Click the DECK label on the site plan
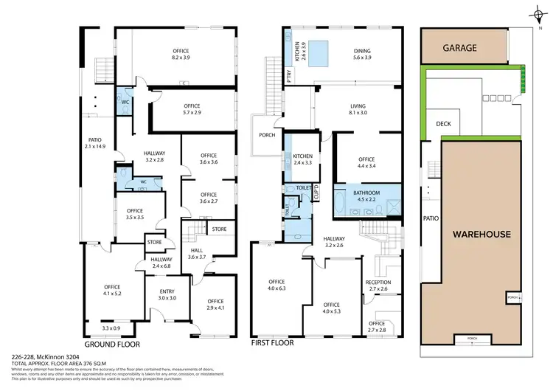pos(444,124)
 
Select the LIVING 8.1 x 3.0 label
pos(358,110)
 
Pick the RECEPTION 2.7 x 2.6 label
pos(378,286)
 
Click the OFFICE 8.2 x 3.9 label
pos(181,53)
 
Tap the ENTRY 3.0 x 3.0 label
pos(167,294)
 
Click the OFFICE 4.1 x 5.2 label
pos(112,290)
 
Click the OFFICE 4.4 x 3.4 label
pos(366,163)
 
